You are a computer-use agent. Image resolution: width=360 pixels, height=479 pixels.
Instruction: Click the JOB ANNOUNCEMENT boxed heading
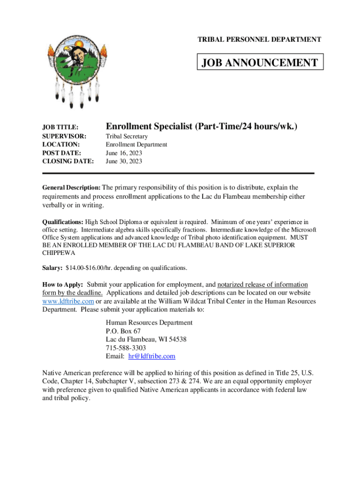260,63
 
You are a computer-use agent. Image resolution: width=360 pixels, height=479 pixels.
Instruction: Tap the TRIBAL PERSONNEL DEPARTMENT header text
259,40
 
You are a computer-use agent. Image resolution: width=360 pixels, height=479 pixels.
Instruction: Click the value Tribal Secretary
127,136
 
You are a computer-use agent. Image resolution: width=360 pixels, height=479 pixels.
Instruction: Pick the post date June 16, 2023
124,153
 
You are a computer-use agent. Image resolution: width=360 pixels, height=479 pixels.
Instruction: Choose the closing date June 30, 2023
124,161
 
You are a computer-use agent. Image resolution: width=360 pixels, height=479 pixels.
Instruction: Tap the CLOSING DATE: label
68,161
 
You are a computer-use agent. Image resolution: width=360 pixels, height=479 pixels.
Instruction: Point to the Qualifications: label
63,222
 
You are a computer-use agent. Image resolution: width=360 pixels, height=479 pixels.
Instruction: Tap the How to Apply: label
63,284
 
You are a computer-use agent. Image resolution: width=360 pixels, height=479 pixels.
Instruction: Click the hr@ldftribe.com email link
151,356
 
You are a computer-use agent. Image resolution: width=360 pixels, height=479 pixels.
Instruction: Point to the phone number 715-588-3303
126,348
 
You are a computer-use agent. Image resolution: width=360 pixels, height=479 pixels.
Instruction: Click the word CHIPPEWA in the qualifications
58,253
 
